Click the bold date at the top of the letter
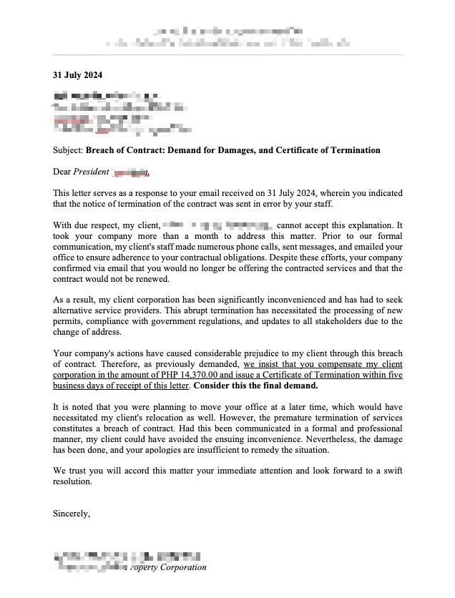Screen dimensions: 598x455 (77, 75)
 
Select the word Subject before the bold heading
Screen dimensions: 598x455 (67, 150)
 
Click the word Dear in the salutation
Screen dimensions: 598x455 (62, 172)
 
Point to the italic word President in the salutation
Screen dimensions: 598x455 (91, 172)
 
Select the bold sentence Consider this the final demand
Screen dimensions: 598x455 (255, 385)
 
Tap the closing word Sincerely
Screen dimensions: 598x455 (71, 513)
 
